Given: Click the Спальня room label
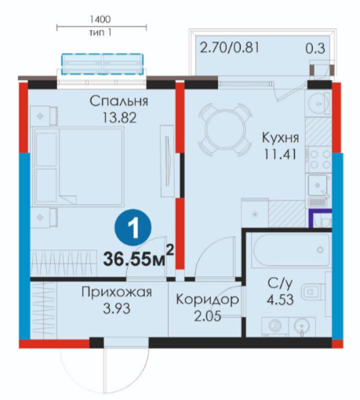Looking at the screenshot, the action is tap(119, 101).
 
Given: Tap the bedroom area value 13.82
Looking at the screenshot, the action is tap(119, 118).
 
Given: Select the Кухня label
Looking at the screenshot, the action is tap(280, 138).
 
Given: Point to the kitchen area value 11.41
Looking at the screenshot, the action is tap(280, 155).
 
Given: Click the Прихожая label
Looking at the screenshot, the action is tap(117, 292).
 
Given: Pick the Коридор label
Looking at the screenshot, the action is tap(208, 300).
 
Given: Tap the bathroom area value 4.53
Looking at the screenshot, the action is tap(280, 300).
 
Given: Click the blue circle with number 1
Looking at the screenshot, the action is tap(133, 227).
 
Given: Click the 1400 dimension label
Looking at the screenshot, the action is tap(100, 19).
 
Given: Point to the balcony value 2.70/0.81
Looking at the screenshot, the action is tap(230, 48).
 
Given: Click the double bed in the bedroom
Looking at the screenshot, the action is tap(78, 166).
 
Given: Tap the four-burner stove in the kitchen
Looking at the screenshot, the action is tap(319, 159).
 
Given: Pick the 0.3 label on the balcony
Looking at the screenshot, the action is tap(315, 49).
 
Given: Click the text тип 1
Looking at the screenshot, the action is tap(100, 33).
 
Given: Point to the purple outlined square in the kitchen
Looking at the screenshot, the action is tap(320, 218).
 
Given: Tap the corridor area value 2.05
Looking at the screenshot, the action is tap(208, 316).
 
